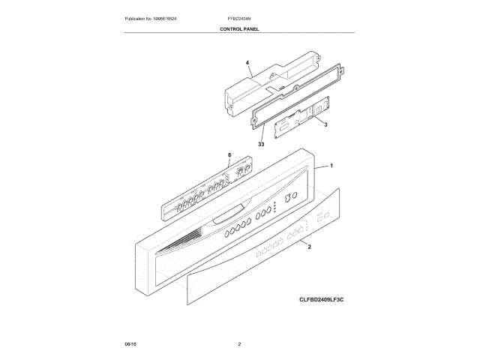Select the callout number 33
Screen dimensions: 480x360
pyautogui.click(x=261, y=144)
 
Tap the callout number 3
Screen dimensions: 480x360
pyautogui.click(x=325, y=123)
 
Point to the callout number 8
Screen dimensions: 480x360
pyautogui.click(x=229, y=156)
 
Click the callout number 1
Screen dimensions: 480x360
pyautogui.click(x=331, y=164)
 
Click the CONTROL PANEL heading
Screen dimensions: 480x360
pyautogui.click(x=239, y=28)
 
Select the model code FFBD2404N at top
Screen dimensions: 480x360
pyautogui.click(x=238, y=18)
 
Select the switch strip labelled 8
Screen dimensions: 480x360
pyautogui.click(x=206, y=192)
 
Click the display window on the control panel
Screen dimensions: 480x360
pyautogui.click(x=228, y=217)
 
